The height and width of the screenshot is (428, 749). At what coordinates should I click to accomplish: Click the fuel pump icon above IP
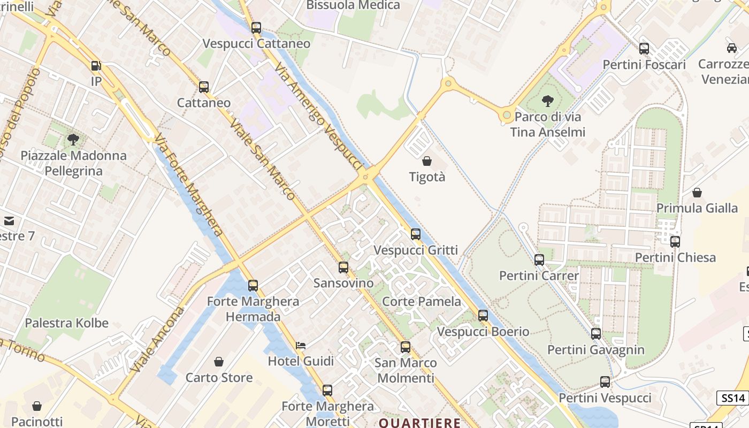[x=96, y=66]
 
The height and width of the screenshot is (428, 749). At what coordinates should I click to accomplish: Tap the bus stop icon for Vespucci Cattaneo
[x=256, y=28]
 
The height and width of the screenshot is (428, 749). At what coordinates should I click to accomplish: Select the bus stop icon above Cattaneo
[x=204, y=87]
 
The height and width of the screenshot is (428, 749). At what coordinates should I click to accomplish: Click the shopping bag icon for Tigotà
[x=427, y=160]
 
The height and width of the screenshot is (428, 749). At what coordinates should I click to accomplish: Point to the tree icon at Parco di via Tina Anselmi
[x=547, y=101]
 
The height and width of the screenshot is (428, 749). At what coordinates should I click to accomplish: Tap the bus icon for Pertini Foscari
[x=644, y=49]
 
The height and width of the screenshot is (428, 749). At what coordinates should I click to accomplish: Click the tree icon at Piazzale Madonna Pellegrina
[x=73, y=140]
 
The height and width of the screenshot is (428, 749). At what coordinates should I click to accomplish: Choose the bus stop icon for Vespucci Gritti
[x=416, y=234]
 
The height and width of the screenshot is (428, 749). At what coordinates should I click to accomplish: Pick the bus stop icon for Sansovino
[x=343, y=267]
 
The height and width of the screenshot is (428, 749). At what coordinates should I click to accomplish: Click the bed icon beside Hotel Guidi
[x=301, y=346]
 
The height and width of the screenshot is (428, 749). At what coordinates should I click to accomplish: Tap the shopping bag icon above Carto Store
[x=218, y=362]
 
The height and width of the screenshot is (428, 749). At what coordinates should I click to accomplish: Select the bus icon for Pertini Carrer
[x=539, y=260]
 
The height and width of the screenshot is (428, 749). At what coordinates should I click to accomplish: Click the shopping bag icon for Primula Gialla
[x=697, y=193]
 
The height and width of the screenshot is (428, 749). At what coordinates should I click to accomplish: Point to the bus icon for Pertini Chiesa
[x=675, y=242]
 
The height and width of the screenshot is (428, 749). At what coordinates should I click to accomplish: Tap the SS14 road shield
[x=732, y=398]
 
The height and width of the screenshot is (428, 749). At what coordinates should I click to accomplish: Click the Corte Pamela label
[x=422, y=302]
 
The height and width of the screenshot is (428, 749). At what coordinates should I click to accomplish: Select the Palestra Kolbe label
[x=67, y=323]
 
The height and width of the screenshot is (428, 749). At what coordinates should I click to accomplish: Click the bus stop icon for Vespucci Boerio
[x=483, y=316]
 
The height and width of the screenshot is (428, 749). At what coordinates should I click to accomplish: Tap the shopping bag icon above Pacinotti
[x=37, y=407]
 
